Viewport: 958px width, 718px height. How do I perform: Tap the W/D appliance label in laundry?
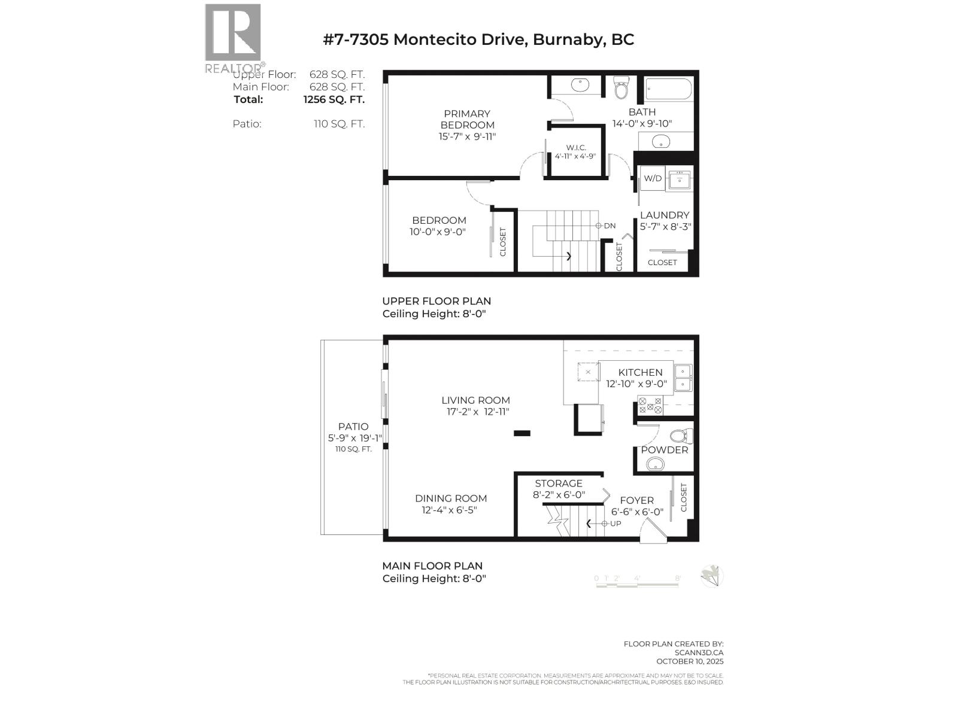(652, 178)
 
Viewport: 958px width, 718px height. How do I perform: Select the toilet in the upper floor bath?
(622, 89)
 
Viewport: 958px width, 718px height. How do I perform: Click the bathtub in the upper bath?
(669, 90)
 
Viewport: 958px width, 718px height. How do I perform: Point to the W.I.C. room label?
(575, 147)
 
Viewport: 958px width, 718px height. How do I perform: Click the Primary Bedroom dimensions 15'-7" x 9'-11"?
(467, 136)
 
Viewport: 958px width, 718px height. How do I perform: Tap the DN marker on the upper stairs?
(606, 226)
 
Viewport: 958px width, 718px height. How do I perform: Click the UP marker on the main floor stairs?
(612, 524)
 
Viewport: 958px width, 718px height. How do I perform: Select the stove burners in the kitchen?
(650, 406)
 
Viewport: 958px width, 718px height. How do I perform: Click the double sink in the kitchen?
(683, 378)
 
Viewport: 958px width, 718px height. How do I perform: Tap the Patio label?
(353, 427)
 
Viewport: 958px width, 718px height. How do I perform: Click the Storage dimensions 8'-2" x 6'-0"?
(559, 495)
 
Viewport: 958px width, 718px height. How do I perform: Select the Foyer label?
(636, 500)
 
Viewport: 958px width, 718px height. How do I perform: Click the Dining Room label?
(451, 498)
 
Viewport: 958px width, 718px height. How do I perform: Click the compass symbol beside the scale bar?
(712, 576)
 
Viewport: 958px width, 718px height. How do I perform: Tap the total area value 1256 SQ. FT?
(334, 99)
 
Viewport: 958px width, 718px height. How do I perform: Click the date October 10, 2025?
(690, 661)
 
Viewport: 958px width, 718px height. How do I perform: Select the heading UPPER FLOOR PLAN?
(436, 301)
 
